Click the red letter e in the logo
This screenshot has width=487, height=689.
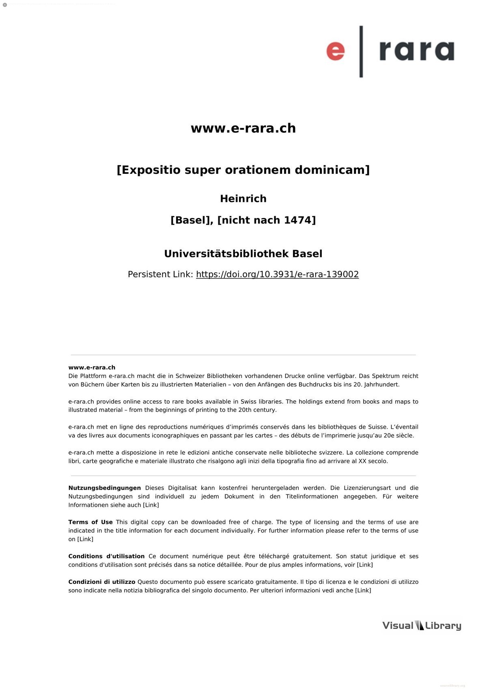336,52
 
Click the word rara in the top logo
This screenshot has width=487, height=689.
416,51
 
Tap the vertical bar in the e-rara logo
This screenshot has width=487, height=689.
361,52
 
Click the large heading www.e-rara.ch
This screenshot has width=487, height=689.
243,128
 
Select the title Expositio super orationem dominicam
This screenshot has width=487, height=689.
243,170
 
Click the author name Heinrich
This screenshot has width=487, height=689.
243,199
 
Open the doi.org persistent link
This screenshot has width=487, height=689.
277,274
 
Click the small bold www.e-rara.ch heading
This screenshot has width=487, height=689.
92,367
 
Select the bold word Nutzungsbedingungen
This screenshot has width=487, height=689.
104,488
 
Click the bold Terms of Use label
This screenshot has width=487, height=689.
91,522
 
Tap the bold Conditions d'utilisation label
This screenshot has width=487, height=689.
106,556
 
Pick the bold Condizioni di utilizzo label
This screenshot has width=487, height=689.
101,582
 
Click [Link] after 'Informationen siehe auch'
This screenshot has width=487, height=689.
151,505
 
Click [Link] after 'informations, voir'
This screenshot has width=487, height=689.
364,565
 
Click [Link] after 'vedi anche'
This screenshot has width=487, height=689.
363,590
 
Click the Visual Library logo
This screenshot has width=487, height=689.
422,626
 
